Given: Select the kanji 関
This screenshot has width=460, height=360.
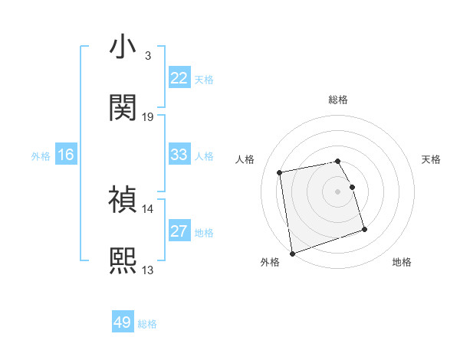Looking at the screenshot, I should click(123, 108).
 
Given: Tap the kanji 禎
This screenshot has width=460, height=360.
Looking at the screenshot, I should click(123, 200).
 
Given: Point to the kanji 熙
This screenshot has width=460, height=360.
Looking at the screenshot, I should click(123, 260).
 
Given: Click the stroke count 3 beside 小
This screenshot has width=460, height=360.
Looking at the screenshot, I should click(148, 56).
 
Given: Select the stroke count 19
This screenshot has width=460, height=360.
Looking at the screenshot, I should click(148, 117).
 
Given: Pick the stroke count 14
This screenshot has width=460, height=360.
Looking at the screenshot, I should click(148, 208).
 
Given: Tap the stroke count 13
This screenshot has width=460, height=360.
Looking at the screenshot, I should click(148, 270).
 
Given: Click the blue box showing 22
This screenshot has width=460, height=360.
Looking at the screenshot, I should click(179, 78).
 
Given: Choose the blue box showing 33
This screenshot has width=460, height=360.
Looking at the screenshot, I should click(179, 155).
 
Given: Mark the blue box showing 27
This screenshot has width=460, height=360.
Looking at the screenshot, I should click(179, 231).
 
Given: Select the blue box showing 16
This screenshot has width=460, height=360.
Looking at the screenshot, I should click(66, 155).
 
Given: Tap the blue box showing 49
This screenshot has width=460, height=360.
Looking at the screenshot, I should click(123, 322).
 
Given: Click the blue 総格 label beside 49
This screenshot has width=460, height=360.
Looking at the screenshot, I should click(148, 324).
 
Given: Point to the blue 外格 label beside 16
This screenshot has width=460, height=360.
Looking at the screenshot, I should click(41, 156).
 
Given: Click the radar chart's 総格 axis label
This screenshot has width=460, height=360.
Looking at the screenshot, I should click(338, 100).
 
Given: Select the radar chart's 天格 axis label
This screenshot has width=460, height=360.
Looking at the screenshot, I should click(432, 159).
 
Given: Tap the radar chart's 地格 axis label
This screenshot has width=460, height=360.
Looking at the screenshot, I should click(402, 263).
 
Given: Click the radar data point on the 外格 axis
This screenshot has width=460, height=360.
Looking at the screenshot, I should click(292, 254).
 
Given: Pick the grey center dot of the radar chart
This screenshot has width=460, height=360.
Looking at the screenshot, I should click(338, 191).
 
